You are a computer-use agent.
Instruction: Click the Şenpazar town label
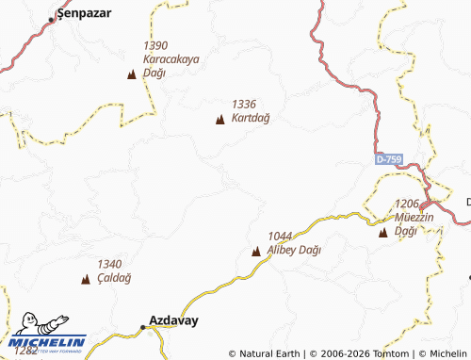(81, 14)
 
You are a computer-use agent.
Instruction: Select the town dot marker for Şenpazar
(53, 19)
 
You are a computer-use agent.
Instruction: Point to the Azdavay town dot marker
(143, 327)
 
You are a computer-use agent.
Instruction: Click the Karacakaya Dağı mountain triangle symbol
(131, 73)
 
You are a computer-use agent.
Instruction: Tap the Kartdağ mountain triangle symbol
(220, 119)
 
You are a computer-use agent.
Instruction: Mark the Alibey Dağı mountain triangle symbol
(256, 251)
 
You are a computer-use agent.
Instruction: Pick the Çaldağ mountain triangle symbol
(87, 279)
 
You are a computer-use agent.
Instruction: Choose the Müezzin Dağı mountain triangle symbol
(382, 232)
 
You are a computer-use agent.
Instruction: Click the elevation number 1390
(155, 45)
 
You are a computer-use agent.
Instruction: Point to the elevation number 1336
(244, 105)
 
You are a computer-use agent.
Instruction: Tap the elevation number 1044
(281, 236)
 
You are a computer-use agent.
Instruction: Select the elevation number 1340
(110, 264)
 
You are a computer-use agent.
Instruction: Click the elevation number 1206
(407, 204)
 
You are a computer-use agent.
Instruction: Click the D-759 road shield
(388, 160)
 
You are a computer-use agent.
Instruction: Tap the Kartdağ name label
(251, 118)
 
